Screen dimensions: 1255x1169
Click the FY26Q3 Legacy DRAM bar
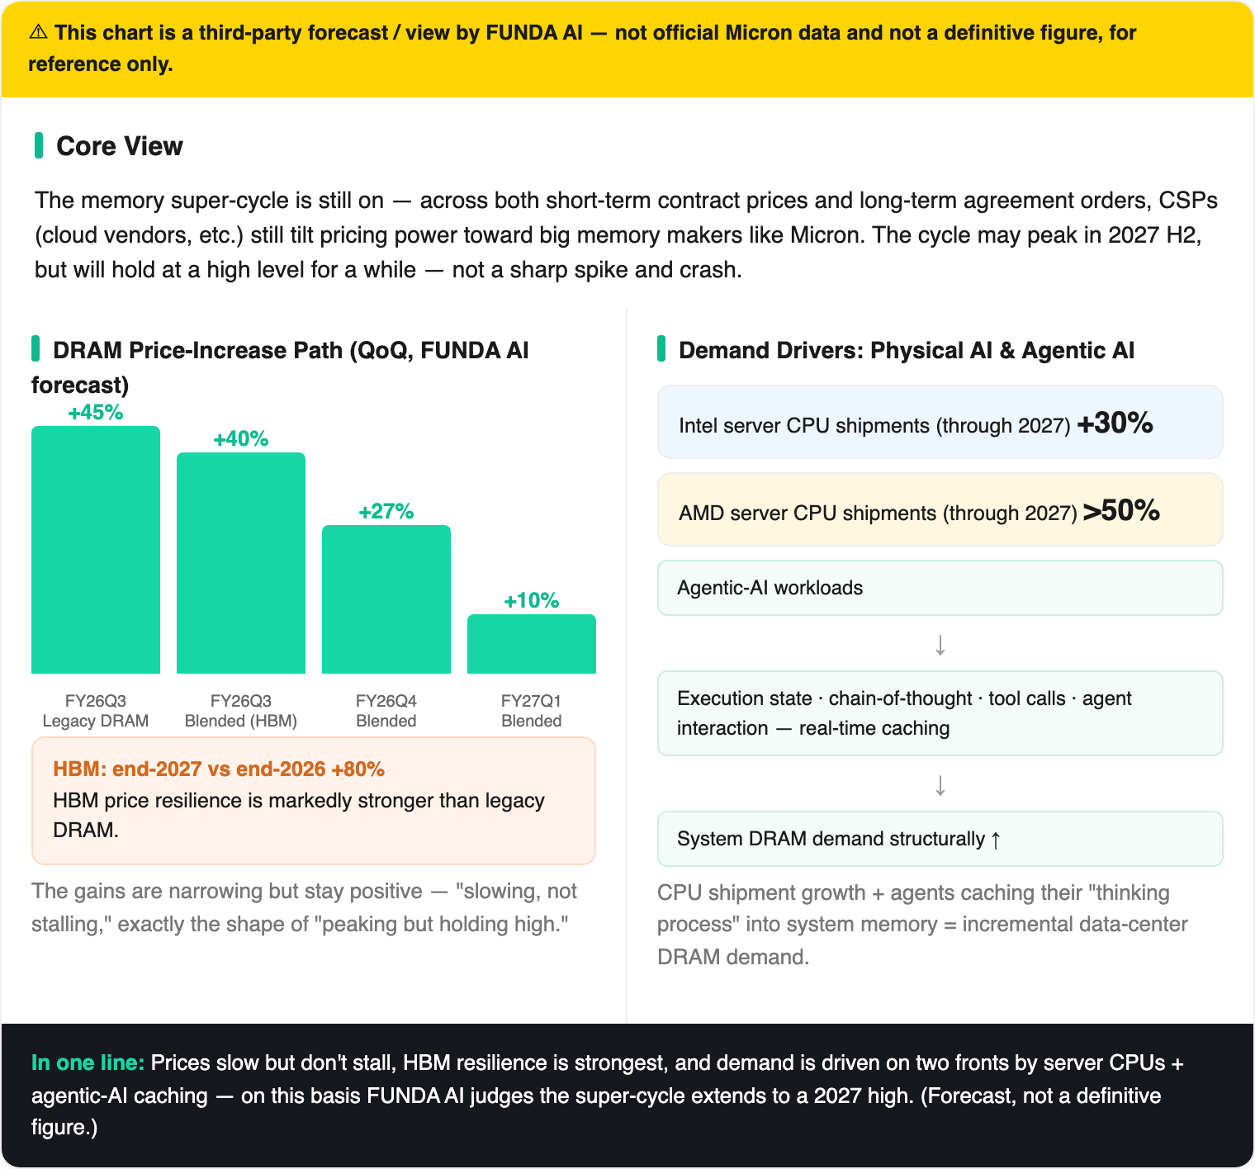pos(96,550)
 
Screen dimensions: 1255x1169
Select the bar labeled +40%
pos(241,563)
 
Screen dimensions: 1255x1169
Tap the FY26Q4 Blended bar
pos(386,599)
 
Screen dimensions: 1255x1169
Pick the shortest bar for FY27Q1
pos(532,644)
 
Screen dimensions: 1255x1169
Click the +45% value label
pos(96,413)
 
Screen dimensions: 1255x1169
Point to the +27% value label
pos(386,512)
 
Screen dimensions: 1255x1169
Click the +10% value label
pos(532,601)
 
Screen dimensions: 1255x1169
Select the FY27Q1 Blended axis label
pos(532,711)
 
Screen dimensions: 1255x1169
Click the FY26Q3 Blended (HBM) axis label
pos(241,711)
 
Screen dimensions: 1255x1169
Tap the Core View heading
pos(120,146)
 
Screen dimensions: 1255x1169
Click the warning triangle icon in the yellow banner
pos(38,32)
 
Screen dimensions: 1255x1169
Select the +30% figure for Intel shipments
pos(1115,423)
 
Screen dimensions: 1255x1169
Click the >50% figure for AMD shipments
pos(1121,510)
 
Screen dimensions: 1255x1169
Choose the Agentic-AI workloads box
pos(940,588)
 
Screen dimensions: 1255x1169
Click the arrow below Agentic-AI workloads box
pos(940,645)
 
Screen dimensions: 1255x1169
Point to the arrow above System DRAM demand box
pos(940,785)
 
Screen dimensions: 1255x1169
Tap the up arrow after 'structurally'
pos(996,840)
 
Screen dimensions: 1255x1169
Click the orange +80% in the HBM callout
pos(358,769)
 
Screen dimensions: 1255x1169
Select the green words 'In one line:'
pos(88,1063)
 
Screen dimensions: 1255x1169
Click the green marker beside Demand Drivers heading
pos(661,348)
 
